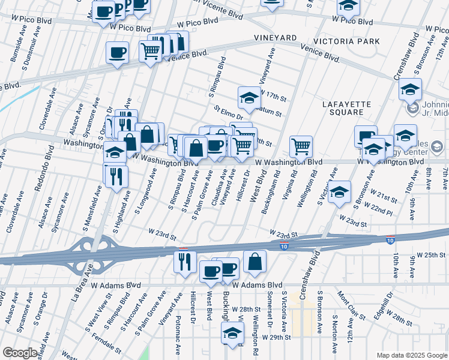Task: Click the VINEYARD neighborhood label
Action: pos(275,37)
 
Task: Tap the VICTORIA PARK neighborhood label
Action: pos(348,41)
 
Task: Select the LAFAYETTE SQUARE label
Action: pos(351,108)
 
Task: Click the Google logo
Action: pos(19,353)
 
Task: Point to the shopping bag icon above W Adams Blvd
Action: pos(255,261)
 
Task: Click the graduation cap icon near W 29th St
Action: pos(232,332)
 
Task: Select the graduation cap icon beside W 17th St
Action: pos(249,97)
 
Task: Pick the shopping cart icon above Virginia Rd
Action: pos(301,145)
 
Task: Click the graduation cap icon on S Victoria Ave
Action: pos(339,191)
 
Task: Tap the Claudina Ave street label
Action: pos(216,188)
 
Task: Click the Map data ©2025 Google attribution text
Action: pos(412,355)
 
